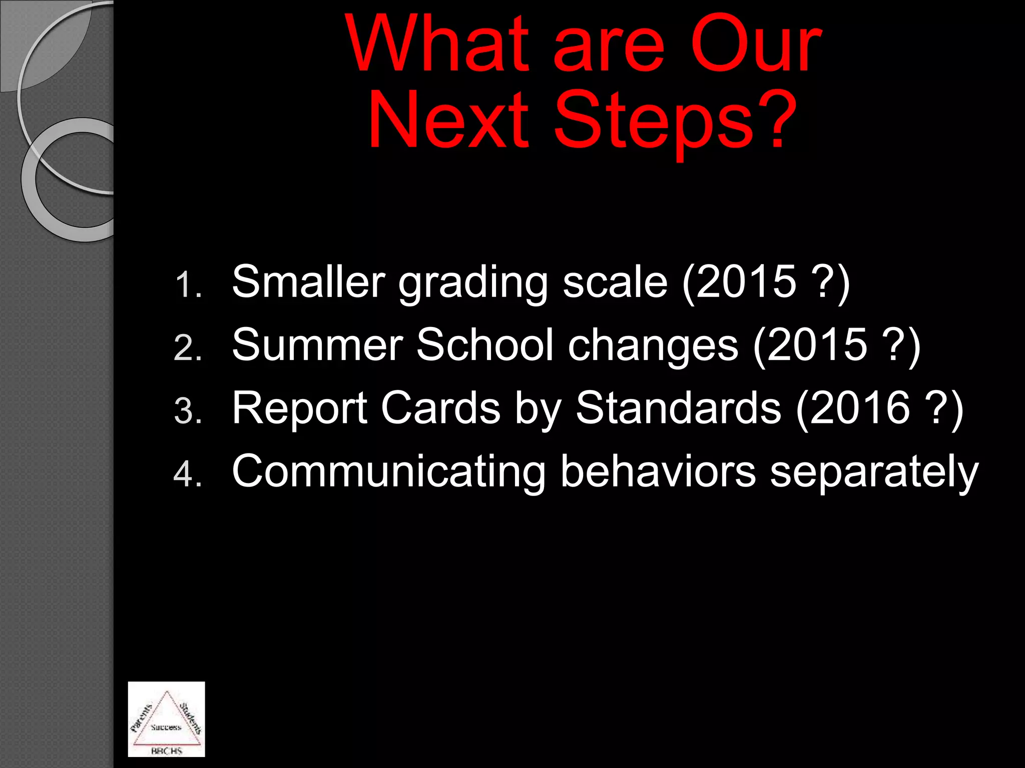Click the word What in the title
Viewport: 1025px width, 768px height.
point(437,45)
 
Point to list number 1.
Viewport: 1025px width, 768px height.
point(188,285)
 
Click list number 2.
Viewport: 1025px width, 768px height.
point(188,348)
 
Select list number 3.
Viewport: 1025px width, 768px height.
point(188,411)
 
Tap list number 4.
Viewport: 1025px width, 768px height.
point(188,474)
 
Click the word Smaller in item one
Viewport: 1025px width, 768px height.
point(308,282)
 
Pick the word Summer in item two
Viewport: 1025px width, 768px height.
point(317,345)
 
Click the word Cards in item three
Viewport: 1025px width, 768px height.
point(440,408)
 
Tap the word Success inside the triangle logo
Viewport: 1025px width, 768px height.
point(166,727)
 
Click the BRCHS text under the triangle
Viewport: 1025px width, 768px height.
point(166,751)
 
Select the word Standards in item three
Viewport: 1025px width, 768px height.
point(678,408)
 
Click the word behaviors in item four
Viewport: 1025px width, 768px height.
point(658,471)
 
